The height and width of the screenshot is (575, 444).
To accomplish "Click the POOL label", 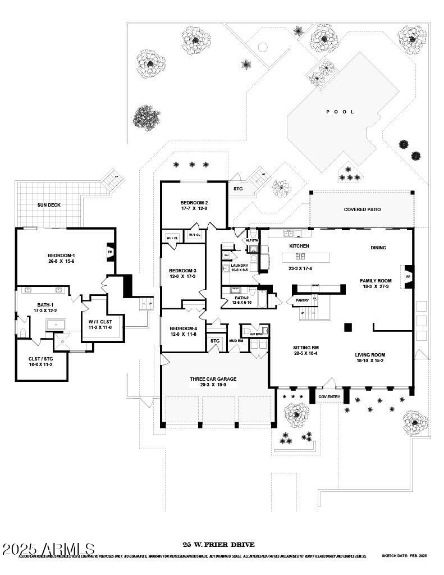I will pyautogui.click(x=340, y=112).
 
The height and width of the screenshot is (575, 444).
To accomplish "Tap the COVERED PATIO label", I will pyautogui.click(x=362, y=209).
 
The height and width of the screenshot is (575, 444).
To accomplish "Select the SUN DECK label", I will pyautogui.click(x=49, y=205).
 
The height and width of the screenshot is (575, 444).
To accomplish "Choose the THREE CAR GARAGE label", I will pyautogui.click(x=213, y=379).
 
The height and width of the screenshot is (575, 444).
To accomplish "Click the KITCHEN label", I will pyautogui.click(x=299, y=246).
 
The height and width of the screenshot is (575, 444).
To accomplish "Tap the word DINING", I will pyautogui.click(x=378, y=248).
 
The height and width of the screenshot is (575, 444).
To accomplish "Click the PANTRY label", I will pyautogui.click(x=295, y=300).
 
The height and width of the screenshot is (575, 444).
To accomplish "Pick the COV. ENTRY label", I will pyautogui.click(x=329, y=397).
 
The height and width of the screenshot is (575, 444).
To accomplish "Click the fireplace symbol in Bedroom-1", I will pyautogui.click(x=110, y=252).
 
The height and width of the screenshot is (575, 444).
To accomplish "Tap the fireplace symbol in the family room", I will pyautogui.click(x=408, y=277).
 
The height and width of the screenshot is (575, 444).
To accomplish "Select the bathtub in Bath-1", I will pyautogui.click(x=56, y=325).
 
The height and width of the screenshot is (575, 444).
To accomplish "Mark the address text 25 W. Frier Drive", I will pyautogui.click(x=218, y=545).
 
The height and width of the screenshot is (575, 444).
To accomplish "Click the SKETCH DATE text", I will pyautogui.click(x=404, y=556).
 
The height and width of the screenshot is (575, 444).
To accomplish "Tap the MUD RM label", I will pyautogui.click(x=236, y=340).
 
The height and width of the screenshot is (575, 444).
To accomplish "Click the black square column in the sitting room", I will pyautogui.click(x=348, y=327).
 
